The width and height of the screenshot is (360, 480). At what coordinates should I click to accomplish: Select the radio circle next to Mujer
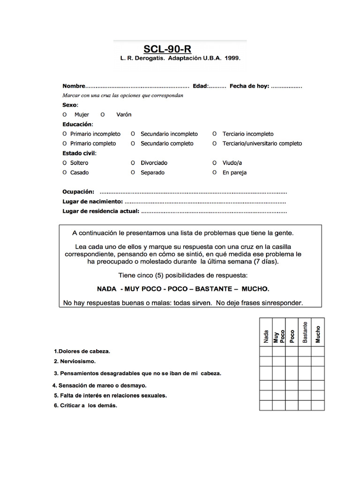pyautogui.click(x=65, y=115)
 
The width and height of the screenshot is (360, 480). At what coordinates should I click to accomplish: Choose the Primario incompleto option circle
pyautogui.click(x=65, y=134)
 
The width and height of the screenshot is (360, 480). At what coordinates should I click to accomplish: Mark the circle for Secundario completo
pyautogui.click(x=133, y=143)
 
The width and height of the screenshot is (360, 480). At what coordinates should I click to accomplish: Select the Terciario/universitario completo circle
pyautogui.click(x=214, y=143)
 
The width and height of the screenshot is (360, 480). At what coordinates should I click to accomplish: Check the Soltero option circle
pyautogui.click(x=65, y=163)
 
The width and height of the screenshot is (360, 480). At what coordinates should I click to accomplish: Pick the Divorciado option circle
pyautogui.click(x=133, y=163)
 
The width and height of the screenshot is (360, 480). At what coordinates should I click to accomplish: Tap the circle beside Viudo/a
pyautogui.click(x=214, y=163)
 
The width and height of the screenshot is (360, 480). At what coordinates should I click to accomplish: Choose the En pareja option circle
pyautogui.click(x=214, y=172)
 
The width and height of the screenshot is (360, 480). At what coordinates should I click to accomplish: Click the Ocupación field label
pyautogui.click(x=78, y=192)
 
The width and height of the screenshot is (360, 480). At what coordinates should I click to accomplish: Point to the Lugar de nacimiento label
pyautogui.click(x=92, y=202)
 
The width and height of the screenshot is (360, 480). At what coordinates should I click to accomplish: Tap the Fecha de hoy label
pyautogui.click(x=249, y=86)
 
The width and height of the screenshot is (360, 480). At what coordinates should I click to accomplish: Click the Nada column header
pyautogui.click(x=266, y=336)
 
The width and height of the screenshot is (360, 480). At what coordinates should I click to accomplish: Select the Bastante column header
pyautogui.click(x=305, y=333)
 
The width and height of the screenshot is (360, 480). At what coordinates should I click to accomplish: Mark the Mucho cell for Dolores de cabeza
pyautogui.click(x=318, y=351)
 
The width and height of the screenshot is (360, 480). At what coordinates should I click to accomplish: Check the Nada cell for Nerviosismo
pyautogui.click(x=266, y=361)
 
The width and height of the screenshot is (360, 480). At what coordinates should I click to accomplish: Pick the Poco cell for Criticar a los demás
pyautogui.click(x=292, y=405)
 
